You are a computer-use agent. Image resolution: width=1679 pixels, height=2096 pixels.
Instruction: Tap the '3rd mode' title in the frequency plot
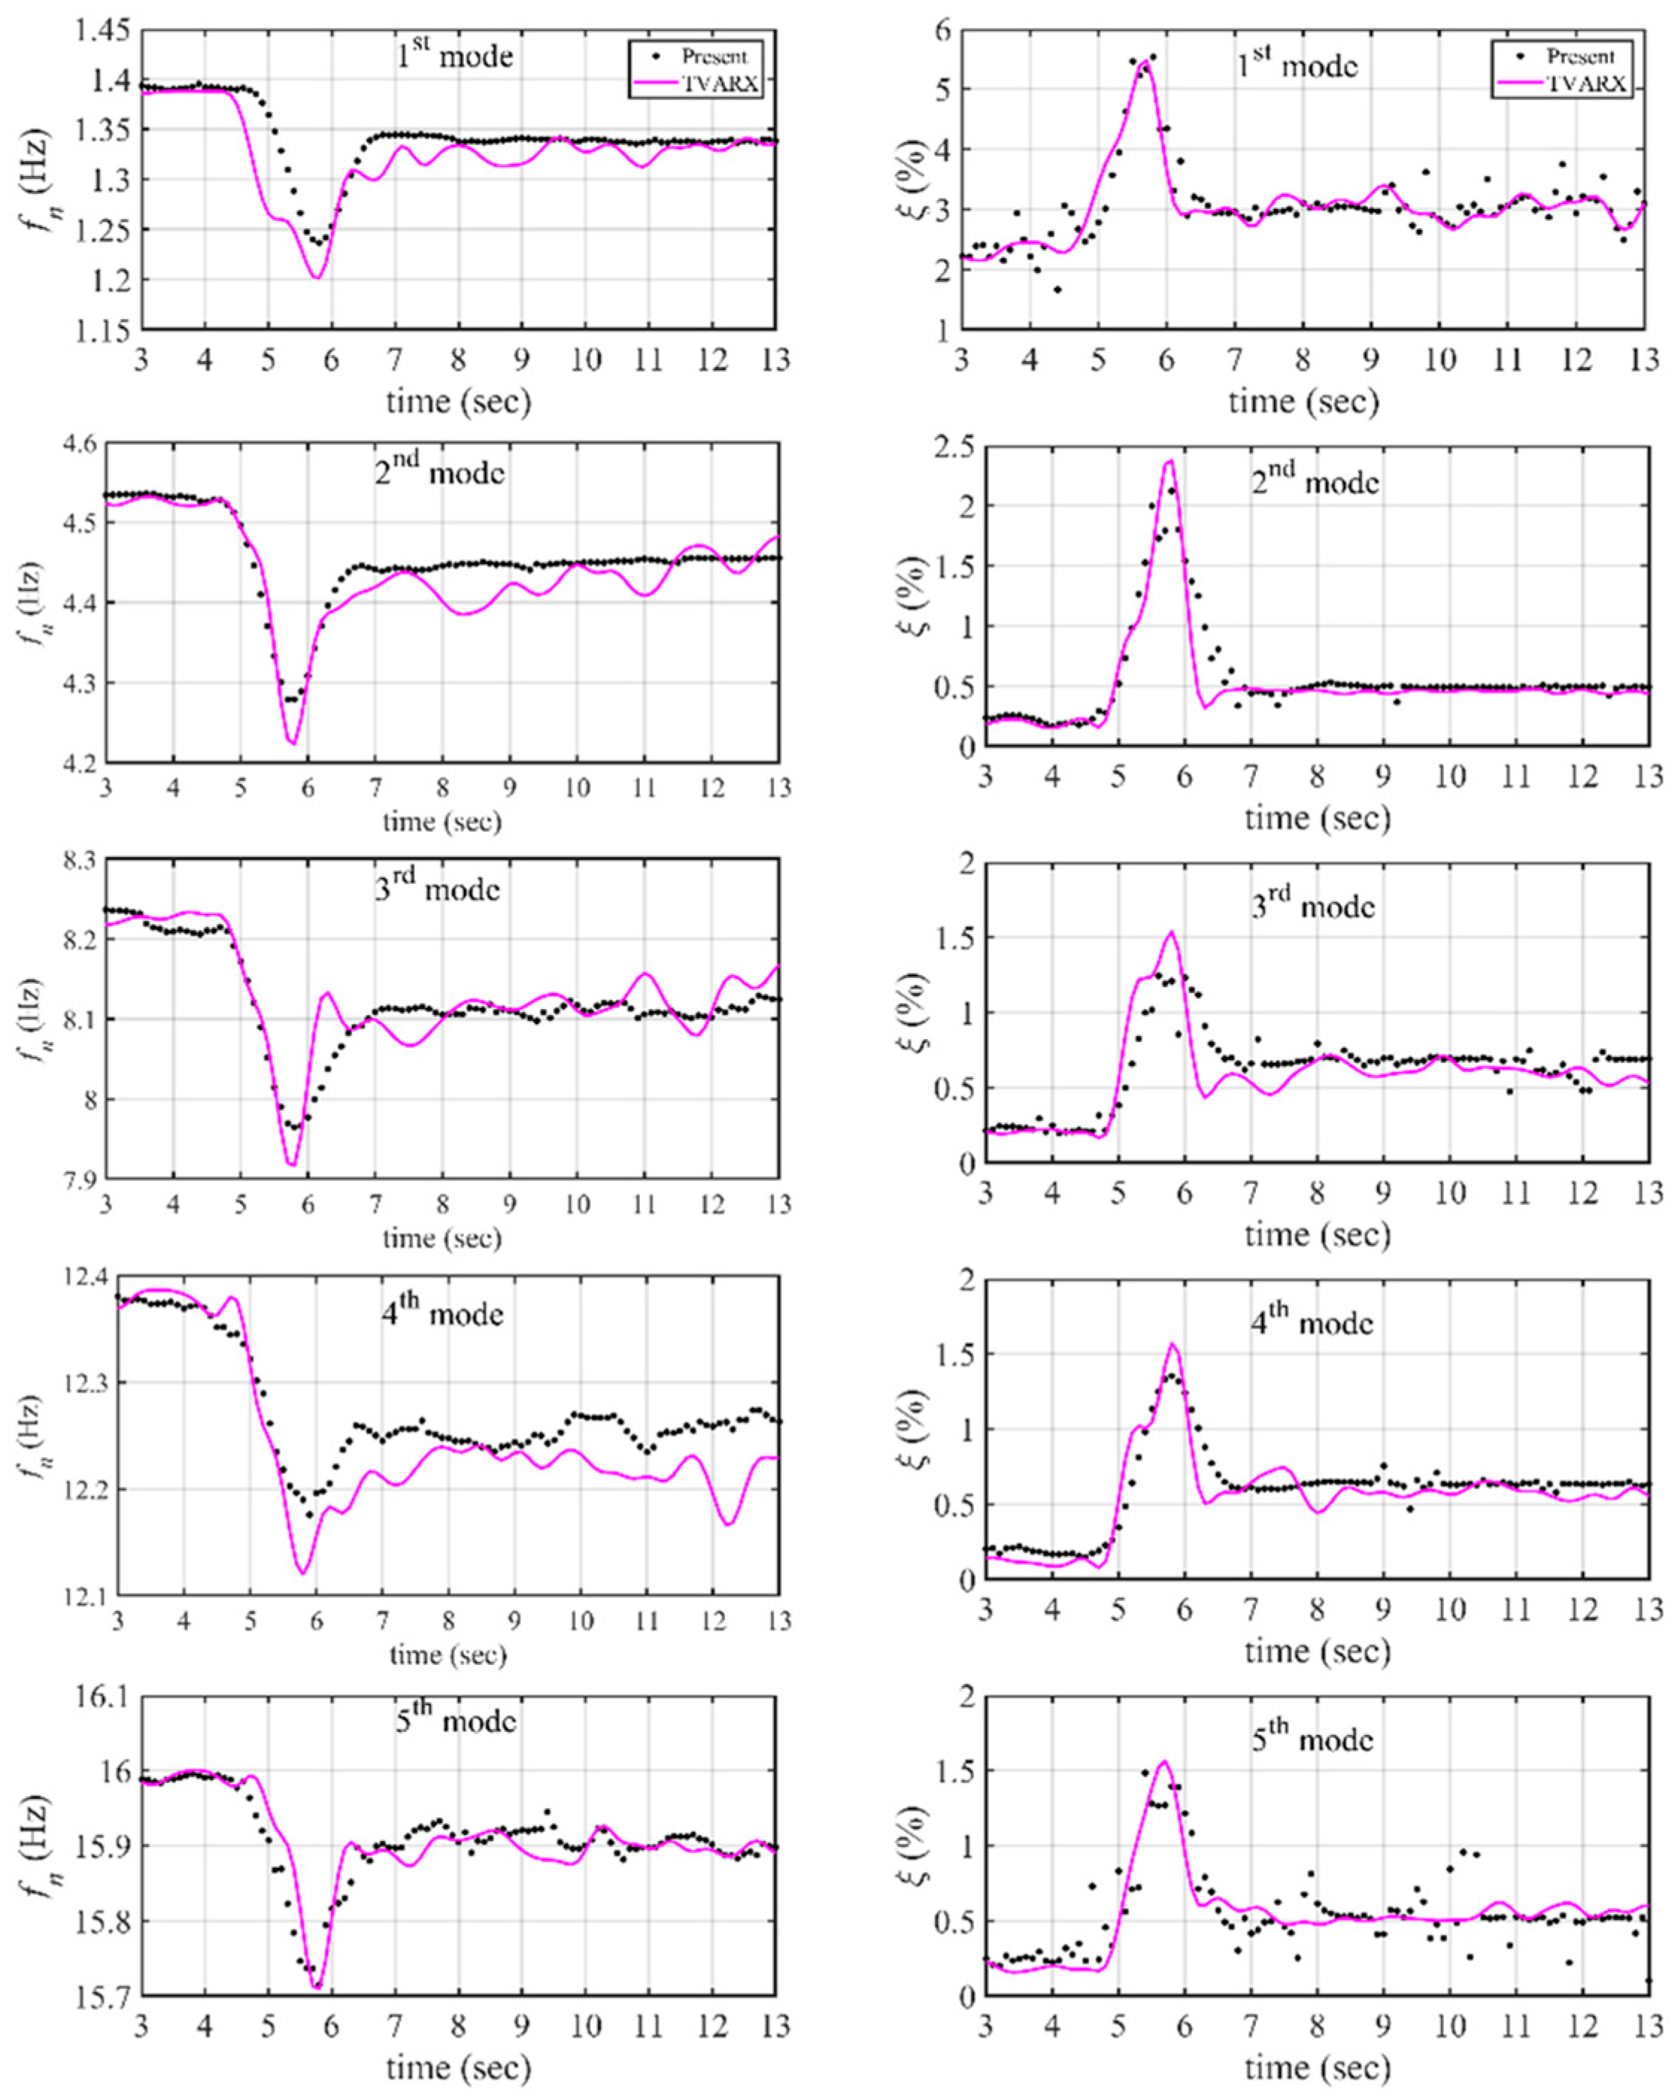(438, 888)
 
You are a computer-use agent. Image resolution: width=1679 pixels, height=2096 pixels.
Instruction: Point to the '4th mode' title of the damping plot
(1313, 1320)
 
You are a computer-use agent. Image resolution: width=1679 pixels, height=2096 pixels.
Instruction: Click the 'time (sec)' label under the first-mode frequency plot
(458, 401)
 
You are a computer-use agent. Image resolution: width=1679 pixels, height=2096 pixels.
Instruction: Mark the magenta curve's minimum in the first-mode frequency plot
(317, 278)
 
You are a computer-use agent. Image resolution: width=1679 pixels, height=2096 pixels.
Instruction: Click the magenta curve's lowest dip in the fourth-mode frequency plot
(304, 1572)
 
